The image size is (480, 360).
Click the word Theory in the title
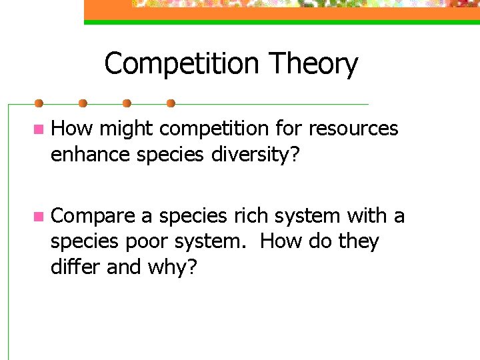click(x=313, y=65)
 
